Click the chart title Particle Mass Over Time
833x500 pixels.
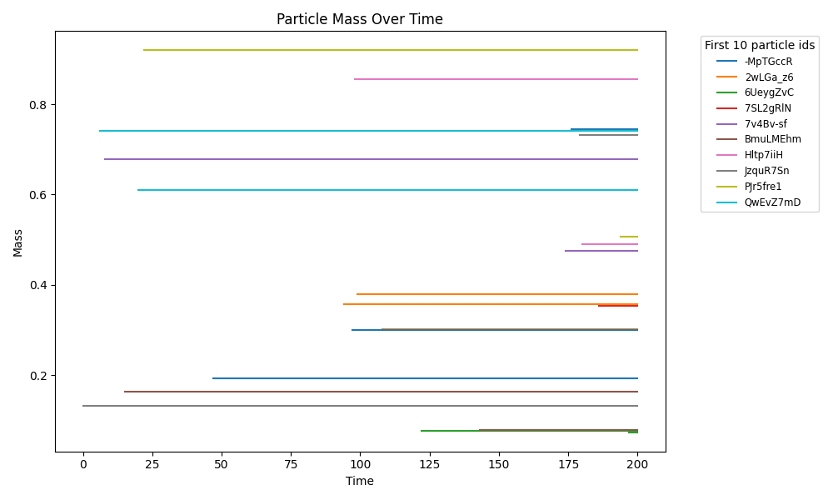[360, 19]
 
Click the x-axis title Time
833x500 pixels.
[360, 481]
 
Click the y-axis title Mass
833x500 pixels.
[17, 242]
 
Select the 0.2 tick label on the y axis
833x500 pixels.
[38, 376]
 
